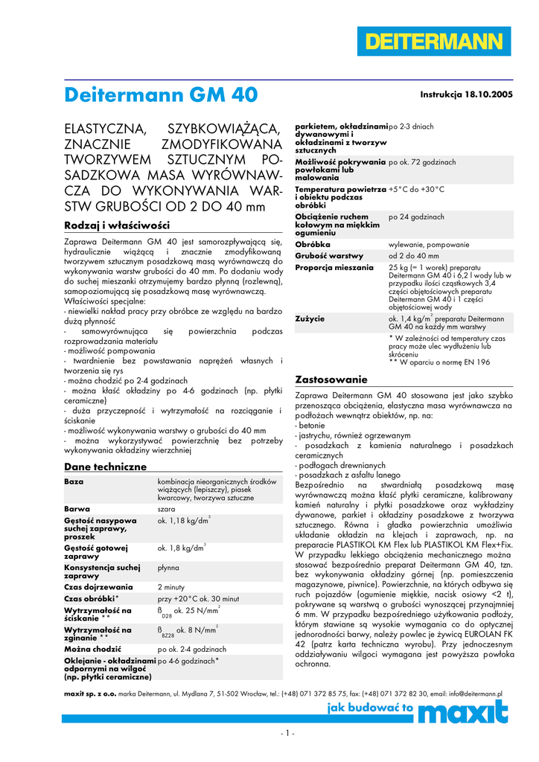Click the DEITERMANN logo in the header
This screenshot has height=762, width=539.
click(435, 41)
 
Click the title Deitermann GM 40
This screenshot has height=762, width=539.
click(161, 95)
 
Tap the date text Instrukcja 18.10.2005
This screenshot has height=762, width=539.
click(467, 95)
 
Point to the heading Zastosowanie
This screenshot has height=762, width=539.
click(331, 379)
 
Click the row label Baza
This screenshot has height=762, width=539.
click(74, 482)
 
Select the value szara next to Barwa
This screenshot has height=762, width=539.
click(167, 509)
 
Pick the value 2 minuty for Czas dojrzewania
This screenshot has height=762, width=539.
click(170, 587)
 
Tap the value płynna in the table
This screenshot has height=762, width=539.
click(168, 568)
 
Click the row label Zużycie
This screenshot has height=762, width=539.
click(310, 318)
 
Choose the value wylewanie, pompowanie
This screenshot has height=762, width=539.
click(429, 244)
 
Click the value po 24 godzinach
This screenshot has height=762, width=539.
click(416, 217)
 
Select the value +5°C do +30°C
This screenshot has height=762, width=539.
click(416, 190)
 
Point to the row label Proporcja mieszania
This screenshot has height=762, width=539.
click(334, 266)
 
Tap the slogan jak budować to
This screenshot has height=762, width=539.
click(370, 709)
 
